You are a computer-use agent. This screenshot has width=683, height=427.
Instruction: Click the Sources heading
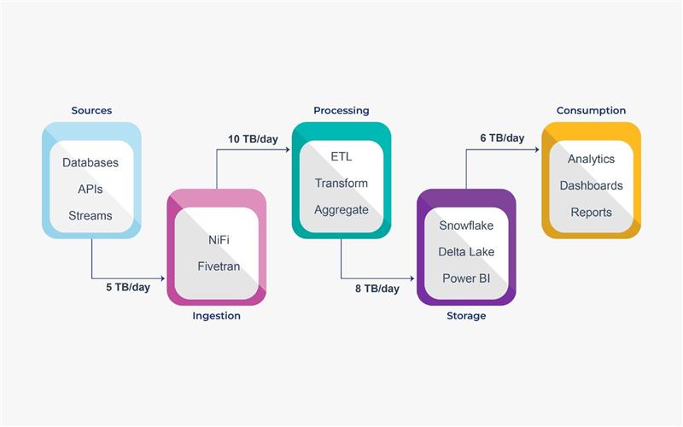pyautogui.click(x=91, y=111)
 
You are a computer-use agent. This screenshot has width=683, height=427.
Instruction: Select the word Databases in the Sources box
pyautogui.click(x=90, y=162)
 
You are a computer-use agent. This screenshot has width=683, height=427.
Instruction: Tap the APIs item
pyautogui.click(x=90, y=189)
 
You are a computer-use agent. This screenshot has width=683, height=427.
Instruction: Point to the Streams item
pyautogui.click(x=90, y=216)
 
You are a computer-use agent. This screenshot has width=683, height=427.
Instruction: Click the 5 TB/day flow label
pyautogui.click(x=128, y=288)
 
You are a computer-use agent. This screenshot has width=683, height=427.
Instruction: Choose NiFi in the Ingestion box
pyautogui.click(x=218, y=240)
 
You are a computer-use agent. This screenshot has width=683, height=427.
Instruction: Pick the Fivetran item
pyautogui.click(x=218, y=266)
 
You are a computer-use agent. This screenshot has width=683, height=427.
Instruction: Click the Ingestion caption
pyautogui.click(x=217, y=316)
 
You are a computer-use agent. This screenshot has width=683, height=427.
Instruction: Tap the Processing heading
pyautogui.click(x=341, y=111)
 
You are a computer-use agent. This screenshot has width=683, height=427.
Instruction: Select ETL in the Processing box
pyautogui.click(x=341, y=157)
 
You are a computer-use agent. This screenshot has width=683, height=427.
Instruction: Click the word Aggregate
pyautogui.click(x=341, y=210)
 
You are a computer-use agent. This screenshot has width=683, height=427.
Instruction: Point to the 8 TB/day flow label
pyautogui.click(x=377, y=289)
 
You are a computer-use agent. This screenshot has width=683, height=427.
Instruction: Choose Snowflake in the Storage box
pyautogui.click(x=466, y=226)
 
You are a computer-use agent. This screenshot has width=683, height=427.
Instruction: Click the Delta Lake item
pyautogui.click(x=466, y=252)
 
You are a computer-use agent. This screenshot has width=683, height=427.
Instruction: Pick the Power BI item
pyautogui.click(x=466, y=278)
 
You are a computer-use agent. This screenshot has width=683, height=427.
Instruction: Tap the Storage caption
pyautogui.click(x=466, y=316)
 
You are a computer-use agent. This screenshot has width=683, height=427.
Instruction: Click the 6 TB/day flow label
pyautogui.click(x=502, y=138)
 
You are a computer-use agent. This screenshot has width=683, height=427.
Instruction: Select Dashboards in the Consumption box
pyautogui.click(x=591, y=185)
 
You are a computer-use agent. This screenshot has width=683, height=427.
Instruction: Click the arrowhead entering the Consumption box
pyautogui.click(x=537, y=149)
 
